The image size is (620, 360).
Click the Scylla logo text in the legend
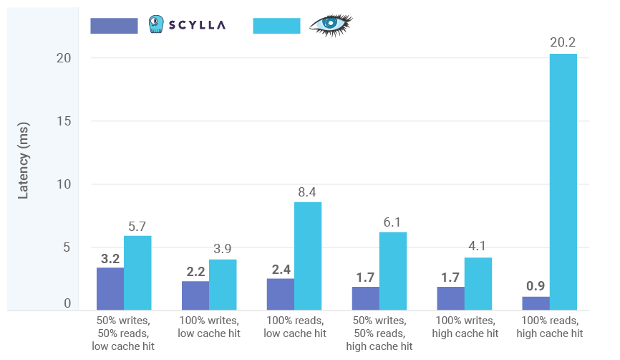pyautogui.click(x=198, y=25)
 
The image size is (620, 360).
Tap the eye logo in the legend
pyautogui.click(x=330, y=24)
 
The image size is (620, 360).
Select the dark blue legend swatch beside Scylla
pyautogui.click(x=114, y=26)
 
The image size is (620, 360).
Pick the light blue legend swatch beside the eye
pyautogui.click(x=276, y=26)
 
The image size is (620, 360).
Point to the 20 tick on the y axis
pyautogui.click(x=64, y=58)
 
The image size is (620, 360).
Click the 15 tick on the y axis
pyautogui.click(x=64, y=121)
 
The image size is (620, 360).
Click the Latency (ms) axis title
pyautogui.click(x=24, y=166)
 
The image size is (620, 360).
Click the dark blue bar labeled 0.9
pyautogui.click(x=535, y=303)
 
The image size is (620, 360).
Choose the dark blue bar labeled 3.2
pyautogui.click(x=110, y=289)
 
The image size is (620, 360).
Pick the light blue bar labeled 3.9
pyautogui.click(x=223, y=285)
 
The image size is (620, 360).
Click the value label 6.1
pyautogui.click(x=393, y=222)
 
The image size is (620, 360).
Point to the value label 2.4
pyautogui.click(x=280, y=269)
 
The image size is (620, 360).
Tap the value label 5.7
pyautogui.click(x=138, y=225)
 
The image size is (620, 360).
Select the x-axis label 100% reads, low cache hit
pyautogui.click(x=294, y=327)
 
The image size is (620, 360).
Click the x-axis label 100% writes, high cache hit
pyautogui.click(x=464, y=327)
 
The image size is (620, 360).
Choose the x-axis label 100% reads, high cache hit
pyautogui.click(x=549, y=327)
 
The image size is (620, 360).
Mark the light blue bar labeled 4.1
pyautogui.click(x=478, y=284)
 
